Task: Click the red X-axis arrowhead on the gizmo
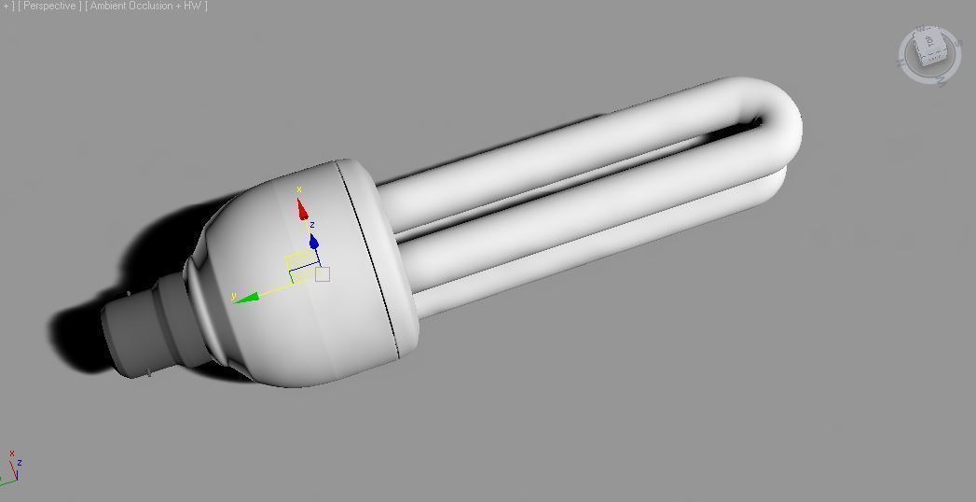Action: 302,211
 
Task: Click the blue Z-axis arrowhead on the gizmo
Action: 314,243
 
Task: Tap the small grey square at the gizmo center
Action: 323,273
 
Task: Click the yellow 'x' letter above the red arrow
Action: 299,190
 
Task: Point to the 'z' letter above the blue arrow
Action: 312,225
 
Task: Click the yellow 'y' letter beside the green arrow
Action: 235,295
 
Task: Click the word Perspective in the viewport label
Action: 49,6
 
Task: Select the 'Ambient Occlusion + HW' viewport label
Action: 145,6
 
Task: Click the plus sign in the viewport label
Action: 7,6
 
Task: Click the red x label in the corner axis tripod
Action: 11,454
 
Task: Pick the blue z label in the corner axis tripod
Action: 20,462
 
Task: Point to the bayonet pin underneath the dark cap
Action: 148,372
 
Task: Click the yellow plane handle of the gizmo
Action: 298,258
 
